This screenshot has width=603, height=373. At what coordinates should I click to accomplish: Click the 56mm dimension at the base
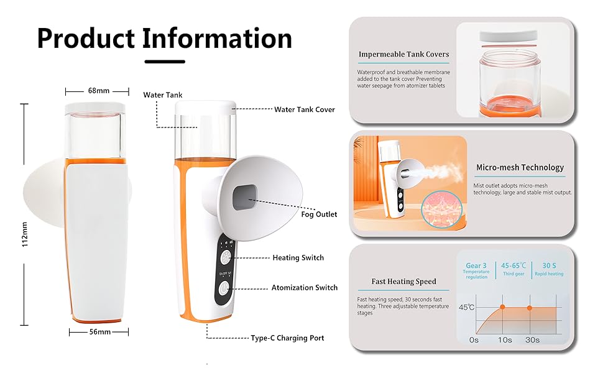tap(99, 332)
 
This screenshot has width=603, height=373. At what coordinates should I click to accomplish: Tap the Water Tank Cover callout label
tap(305, 109)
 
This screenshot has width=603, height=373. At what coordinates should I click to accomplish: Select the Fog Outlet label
tap(319, 214)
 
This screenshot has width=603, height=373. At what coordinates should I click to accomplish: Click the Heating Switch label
tap(298, 257)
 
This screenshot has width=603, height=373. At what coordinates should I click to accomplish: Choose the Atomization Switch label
tap(305, 288)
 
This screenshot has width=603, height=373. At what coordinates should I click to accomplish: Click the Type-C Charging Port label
tap(287, 338)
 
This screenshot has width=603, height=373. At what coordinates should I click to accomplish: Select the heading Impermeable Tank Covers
tap(403, 55)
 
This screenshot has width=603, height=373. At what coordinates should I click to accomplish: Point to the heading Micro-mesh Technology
tap(520, 167)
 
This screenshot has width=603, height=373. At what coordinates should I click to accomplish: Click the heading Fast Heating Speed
tap(403, 282)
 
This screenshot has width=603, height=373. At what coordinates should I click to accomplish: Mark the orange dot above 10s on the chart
tap(502, 307)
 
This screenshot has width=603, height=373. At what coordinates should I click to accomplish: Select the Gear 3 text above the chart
tap(476, 265)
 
